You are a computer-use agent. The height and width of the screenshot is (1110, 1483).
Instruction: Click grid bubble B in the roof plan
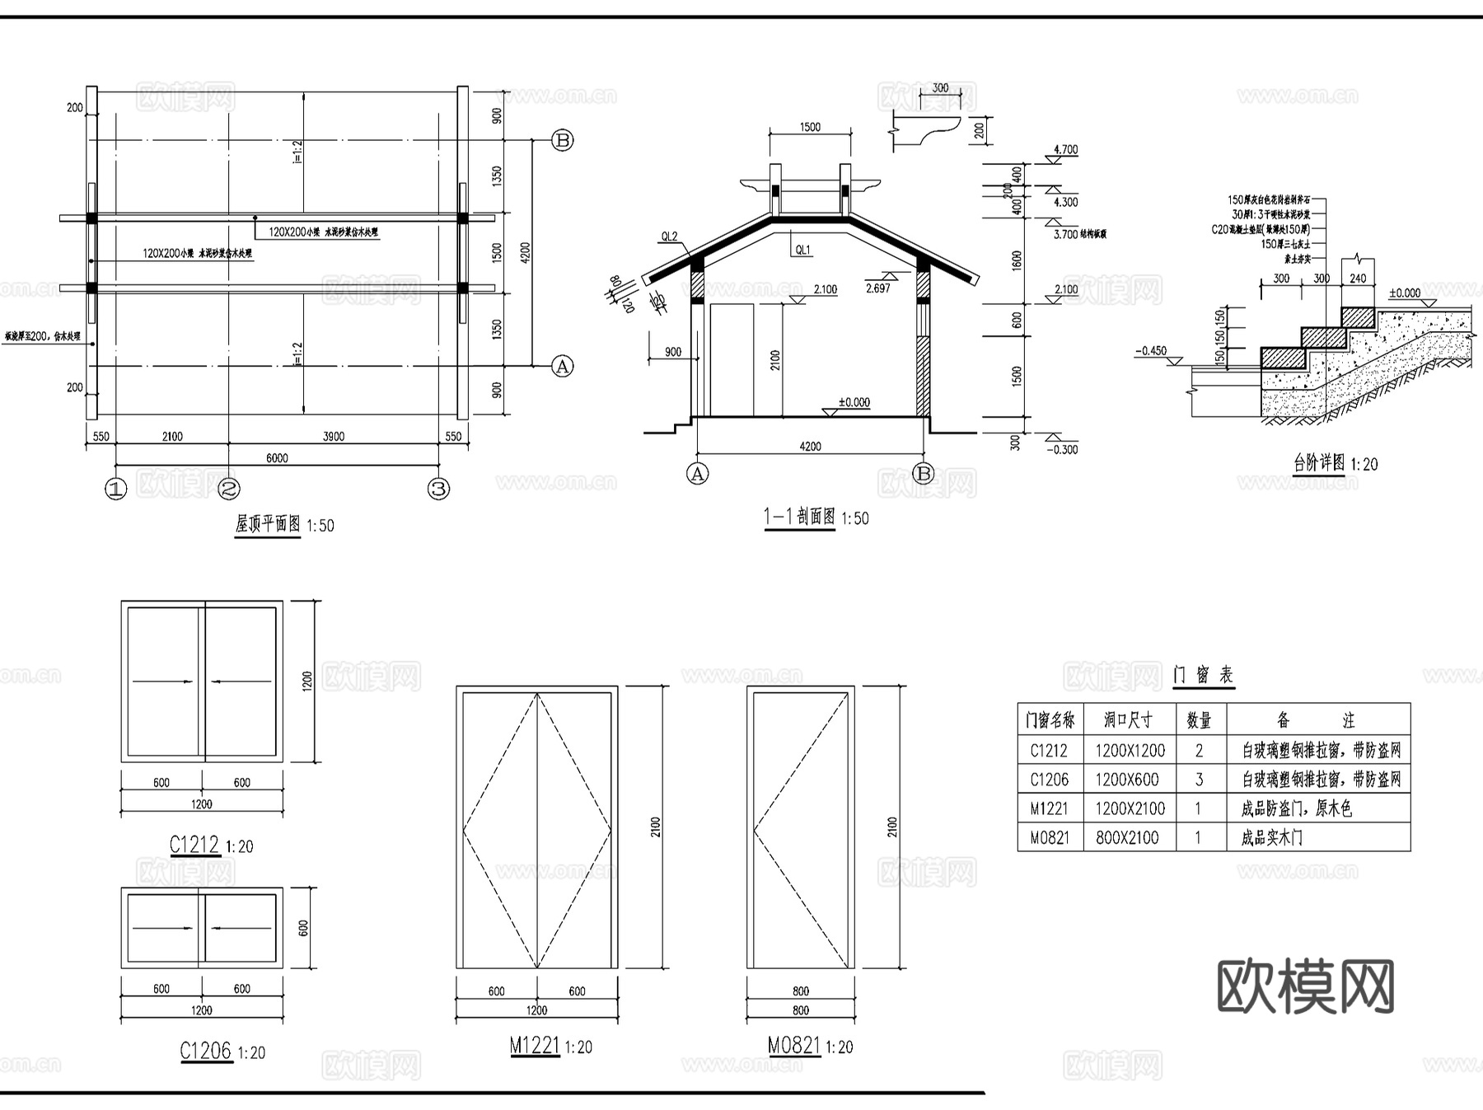pos(562,140)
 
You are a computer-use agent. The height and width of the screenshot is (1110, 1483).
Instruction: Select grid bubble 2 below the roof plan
pos(228,489)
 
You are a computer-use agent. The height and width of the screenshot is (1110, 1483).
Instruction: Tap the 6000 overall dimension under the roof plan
pos(277,458)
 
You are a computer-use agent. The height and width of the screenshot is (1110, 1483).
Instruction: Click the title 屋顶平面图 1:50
pos(284,524)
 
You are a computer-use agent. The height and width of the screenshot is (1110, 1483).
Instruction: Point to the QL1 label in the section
pos(802,250)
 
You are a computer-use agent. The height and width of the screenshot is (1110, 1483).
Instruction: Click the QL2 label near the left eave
pos(669,237)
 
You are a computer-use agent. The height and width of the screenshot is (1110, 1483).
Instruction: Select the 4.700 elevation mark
pos(1065,150)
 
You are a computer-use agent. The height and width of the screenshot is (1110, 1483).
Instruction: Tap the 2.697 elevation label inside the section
pos(878,288)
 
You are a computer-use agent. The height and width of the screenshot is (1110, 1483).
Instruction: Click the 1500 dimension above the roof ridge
pos(810,127)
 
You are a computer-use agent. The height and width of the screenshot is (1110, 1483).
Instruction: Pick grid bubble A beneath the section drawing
pos(697,474)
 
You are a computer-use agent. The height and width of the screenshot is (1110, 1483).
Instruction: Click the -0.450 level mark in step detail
pos(1151,351)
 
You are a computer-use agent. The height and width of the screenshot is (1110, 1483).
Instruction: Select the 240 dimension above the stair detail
pos(1358,279)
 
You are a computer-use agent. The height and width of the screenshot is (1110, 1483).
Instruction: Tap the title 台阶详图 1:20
pos(1335,464)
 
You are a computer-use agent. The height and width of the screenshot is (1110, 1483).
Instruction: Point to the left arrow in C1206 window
pos(161,929)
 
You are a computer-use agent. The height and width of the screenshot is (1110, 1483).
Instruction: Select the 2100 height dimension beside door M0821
pos(892,827)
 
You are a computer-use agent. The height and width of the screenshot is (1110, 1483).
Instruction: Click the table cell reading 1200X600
pos(1127,780)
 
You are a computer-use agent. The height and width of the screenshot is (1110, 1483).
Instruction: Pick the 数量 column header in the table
pos(1199,721)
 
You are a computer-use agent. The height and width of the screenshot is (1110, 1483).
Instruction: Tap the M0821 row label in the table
pos(1050,838)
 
